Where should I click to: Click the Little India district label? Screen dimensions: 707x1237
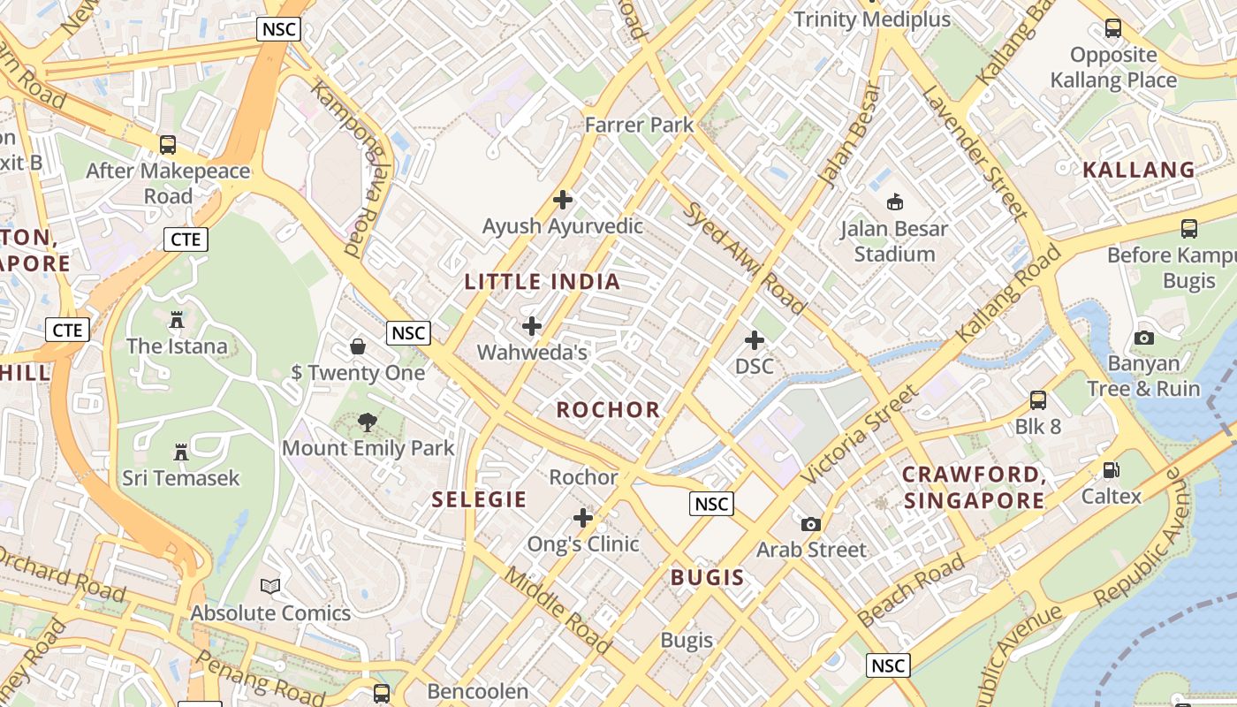pos(543,282)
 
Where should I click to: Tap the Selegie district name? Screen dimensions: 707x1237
pos(479,499)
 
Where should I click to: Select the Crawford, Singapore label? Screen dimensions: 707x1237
pos(974,488)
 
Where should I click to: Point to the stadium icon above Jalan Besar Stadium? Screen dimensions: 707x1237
pos(894,201)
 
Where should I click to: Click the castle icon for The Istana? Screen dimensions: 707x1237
pos(177,319)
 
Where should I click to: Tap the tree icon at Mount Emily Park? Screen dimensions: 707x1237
pos(368,422)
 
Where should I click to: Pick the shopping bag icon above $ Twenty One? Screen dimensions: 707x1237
pos(358,346)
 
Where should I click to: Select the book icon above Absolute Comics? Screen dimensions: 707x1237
pos(270,586)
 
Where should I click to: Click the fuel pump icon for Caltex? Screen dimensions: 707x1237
pos(1112,470)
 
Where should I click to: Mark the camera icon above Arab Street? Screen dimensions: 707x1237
pos(811,524)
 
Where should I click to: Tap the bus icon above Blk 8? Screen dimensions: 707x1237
pos(1038,400)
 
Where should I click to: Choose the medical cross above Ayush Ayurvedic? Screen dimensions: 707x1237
pos(562,200)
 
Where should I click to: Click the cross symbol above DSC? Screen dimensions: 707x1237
pos(755,340)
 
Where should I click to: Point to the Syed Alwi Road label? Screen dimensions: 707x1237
pos(744,257)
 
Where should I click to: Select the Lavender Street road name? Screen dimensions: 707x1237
pos(975,153)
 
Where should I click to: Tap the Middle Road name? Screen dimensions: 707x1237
pos(557,610)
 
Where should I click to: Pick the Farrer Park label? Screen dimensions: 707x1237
pos(640,125)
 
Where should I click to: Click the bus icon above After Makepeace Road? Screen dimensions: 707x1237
pos(167,144)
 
